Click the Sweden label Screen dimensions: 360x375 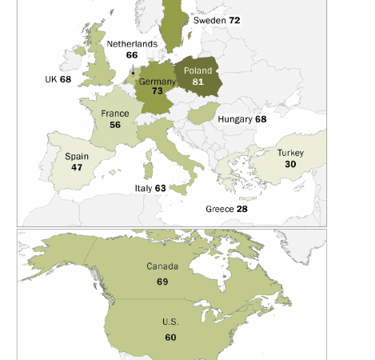tap(209, 20)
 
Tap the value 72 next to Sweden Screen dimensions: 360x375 tap(234, 20)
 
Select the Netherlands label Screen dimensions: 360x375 tap(132, 44)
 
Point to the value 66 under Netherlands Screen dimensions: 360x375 tap(132, 55)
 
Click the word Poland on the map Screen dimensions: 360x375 tap(198, 70)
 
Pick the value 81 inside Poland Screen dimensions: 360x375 tap(198, 82)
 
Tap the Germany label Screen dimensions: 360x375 tap(157, 82)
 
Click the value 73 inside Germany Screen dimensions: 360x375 tap(158, 92)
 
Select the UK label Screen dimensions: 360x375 tap(51, 80)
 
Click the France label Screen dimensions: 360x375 tap(115, 114)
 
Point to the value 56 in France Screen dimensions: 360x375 tap(115, 126)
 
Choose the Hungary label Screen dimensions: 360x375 tap(235, 119)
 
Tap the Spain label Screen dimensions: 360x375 tap(77, 157)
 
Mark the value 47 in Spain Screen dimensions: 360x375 tap(77, 168)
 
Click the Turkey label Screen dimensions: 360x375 tap(290, 153)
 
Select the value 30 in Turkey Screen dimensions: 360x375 tap(290, 164)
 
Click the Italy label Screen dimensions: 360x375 tap(143, 189)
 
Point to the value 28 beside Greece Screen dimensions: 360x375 tap(241, 209)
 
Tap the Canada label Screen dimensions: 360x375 tap(162, 266)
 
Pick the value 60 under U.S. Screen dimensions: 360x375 tap(170, 338)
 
